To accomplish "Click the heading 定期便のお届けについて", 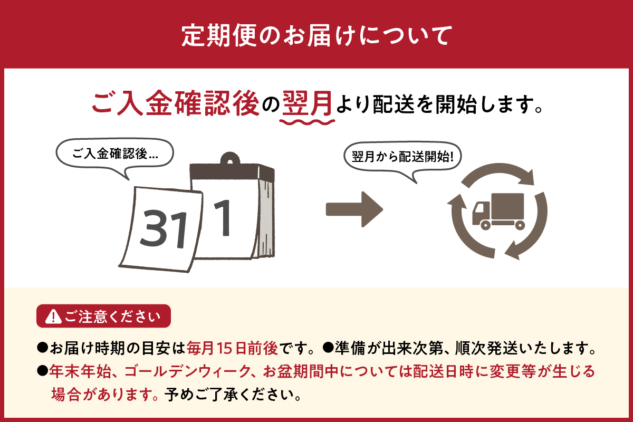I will click(x=316, y=35).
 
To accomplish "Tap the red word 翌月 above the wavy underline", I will click(x=307, y=103).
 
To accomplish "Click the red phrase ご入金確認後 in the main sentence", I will click(x=176, y=103).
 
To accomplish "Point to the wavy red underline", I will click(x=308, y=121).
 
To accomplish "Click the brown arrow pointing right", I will click(x=353, y=209).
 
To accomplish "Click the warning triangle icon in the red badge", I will click(x=53, y=316).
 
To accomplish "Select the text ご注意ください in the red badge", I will click(x=110, y=316).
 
